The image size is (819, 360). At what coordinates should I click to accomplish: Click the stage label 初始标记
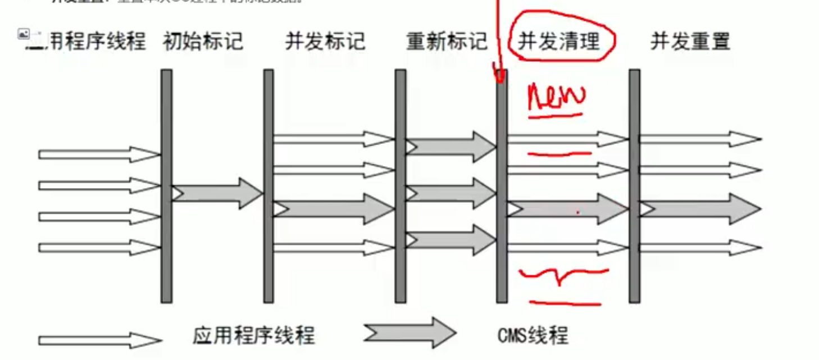click(203, 42)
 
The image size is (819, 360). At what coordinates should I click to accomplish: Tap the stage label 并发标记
click(325, 42)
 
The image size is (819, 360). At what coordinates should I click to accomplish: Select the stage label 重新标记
click(447, 42)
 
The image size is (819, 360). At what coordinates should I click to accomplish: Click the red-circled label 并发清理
click(559, 41)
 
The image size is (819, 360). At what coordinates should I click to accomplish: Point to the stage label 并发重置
click(690, 42)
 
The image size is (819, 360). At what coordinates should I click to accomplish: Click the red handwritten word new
click(556, 97)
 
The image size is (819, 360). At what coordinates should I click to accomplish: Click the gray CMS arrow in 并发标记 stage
click(334, 209)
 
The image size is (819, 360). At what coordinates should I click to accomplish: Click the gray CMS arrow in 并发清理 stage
click(567, 209)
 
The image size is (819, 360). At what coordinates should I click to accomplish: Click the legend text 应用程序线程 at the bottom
click(253, 336)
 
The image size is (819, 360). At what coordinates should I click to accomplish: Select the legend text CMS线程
click(533, 336)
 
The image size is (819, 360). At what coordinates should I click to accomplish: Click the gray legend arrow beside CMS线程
click(410, 333)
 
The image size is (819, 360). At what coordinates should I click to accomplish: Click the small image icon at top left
click(23, 34)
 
